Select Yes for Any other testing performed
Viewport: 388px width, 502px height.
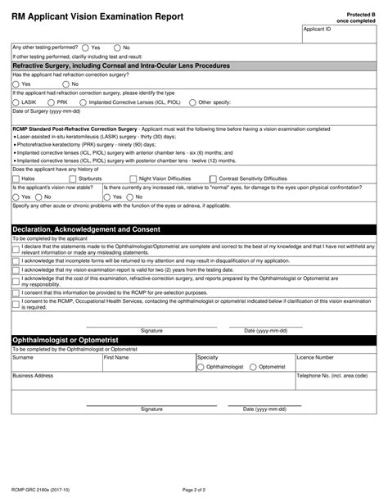[x=84, y=47]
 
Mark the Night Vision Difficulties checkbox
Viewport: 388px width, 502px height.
[x=133, y=177]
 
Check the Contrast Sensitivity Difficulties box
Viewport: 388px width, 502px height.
[x=213, y=177]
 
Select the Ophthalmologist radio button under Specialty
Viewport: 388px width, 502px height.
[x=201, y=368]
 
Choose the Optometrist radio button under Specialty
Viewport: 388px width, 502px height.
[x=253, y=368]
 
